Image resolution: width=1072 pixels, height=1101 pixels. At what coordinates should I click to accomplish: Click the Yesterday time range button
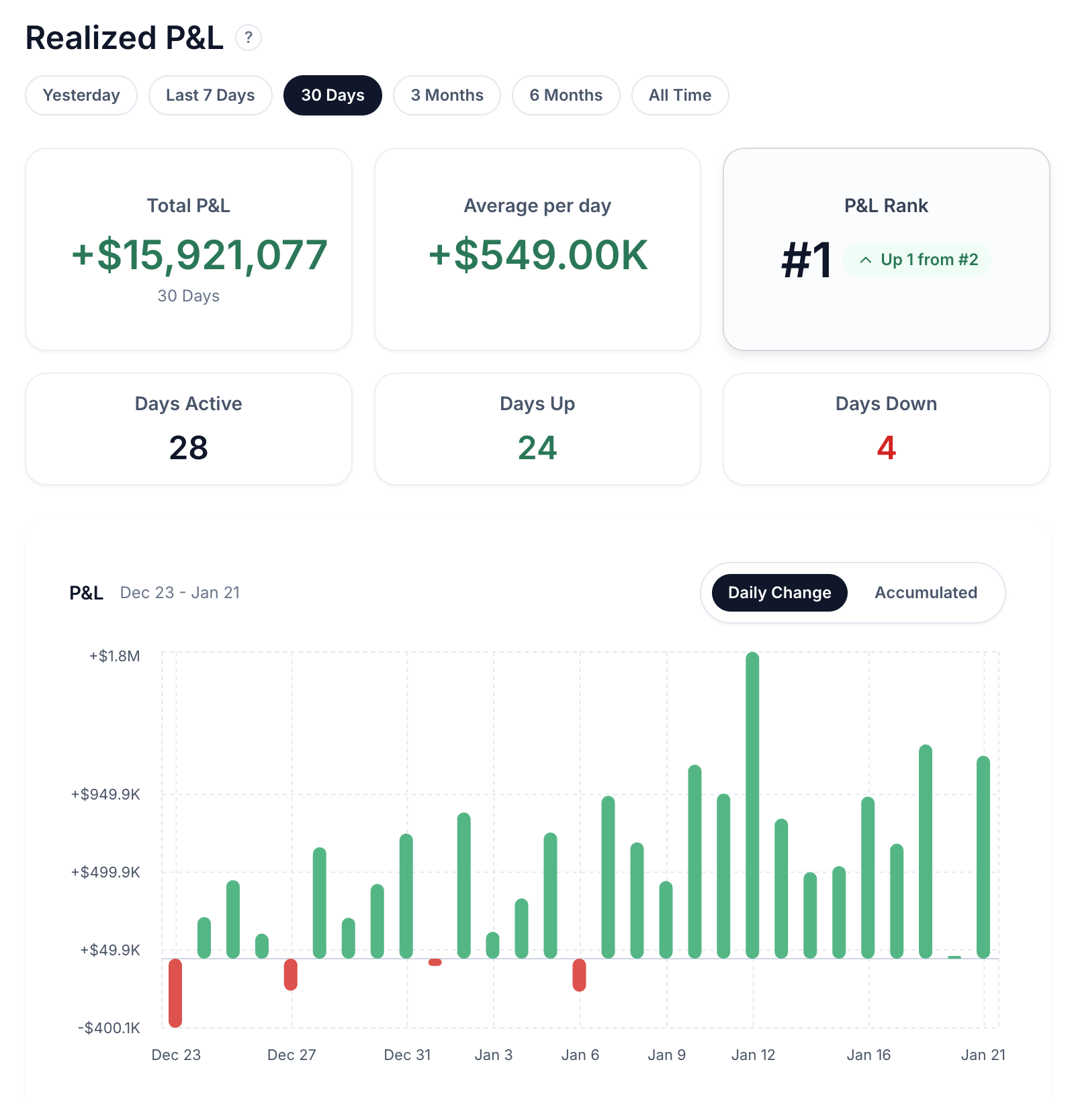click(x=81, y=95)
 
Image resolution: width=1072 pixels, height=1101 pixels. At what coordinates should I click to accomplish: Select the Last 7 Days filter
click(x=210, y=95)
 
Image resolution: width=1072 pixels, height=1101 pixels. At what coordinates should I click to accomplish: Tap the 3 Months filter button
click(x=447, y=95)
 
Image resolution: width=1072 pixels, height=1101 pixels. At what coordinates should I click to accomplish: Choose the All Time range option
click(x=680, y=95)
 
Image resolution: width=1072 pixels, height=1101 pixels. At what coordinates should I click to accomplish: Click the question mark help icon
click(x=249, y=38)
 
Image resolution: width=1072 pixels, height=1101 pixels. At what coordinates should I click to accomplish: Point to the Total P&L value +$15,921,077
click(x=199, y=256)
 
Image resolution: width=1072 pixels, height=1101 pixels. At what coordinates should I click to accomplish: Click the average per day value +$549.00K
click(x=538, y=256)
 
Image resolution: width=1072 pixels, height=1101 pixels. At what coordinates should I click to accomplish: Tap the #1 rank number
click(x=807, y=260)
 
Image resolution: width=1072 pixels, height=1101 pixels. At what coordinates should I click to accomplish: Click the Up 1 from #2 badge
click(x=918, y=260)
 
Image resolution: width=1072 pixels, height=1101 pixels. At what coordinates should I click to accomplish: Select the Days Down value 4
click(x=886, y=448)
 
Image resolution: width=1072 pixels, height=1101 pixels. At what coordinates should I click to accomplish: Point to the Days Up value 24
click(x=537, y=448)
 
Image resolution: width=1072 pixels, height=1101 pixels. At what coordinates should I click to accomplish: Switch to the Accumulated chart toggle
click(x=926, y=593)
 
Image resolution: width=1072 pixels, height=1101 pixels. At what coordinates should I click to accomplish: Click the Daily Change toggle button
click(x=779, y=593)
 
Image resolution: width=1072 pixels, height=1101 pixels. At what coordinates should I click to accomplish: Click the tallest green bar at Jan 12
click(x=752, y=806)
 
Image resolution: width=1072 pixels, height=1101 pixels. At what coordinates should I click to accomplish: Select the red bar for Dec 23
click(x=175, y=992)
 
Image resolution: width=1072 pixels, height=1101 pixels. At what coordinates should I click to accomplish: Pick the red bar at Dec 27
click(x=291, y=974)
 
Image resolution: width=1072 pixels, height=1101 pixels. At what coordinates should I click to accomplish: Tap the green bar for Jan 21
click(x=983, y=857)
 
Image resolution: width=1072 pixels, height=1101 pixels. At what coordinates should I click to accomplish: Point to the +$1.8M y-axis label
click(x=115, y=656)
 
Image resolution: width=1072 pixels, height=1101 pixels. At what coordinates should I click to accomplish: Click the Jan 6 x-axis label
click(x=580, y=1055)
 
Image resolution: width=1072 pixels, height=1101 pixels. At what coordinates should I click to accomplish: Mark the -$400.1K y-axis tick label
click(x=109, y=1028)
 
